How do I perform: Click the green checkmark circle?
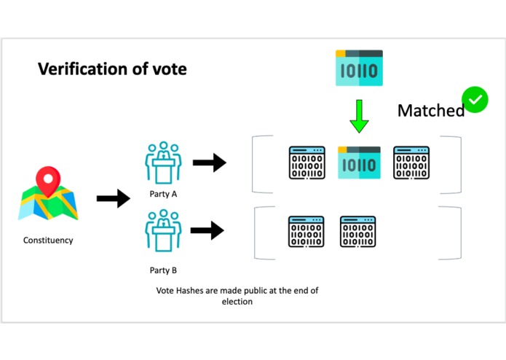pyautogui.click(x=475, y=99)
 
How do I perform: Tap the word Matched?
pyautogui.click(x=430, y=111)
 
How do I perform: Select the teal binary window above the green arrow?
pyautogui.click(x=359, y=68)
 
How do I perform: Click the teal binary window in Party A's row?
pyautogui.click(x=359, y=163)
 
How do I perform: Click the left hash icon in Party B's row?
pyautogui.click(x=307, y=231)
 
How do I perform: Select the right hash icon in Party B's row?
pyautogui.click(x=358, y=231)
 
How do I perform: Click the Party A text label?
pyautogui.click(x=163, y=195)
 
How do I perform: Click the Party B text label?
pyautogui.click(x=163, y=270)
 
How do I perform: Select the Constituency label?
pyautogui.click(x=48, y=240)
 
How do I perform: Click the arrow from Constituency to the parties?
pyautogui.click(x=113, y=197)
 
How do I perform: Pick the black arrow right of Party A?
pyautogui.click(x=209, y=163)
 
